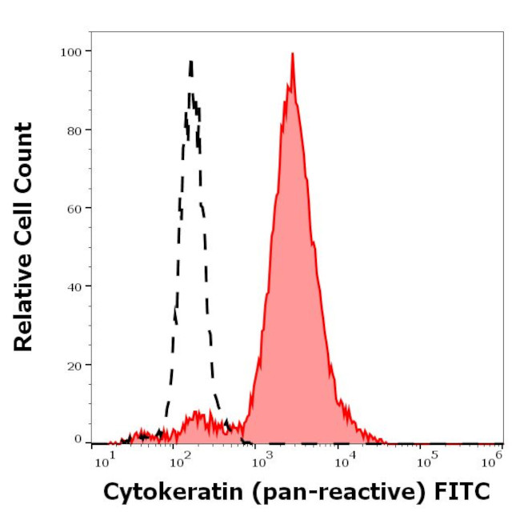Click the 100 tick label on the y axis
click(x=71, y=51)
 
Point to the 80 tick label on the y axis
click(x=74, y=130)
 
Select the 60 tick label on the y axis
click(x=74, y=208)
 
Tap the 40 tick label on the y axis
click(x=74, y=286)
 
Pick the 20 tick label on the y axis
click(x=74, y=365)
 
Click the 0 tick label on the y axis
click(x=78, y=439)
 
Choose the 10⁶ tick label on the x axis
click(x=494, y=458)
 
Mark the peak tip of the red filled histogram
click(x=293, y=54)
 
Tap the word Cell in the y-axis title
click(x=23, y=231)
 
